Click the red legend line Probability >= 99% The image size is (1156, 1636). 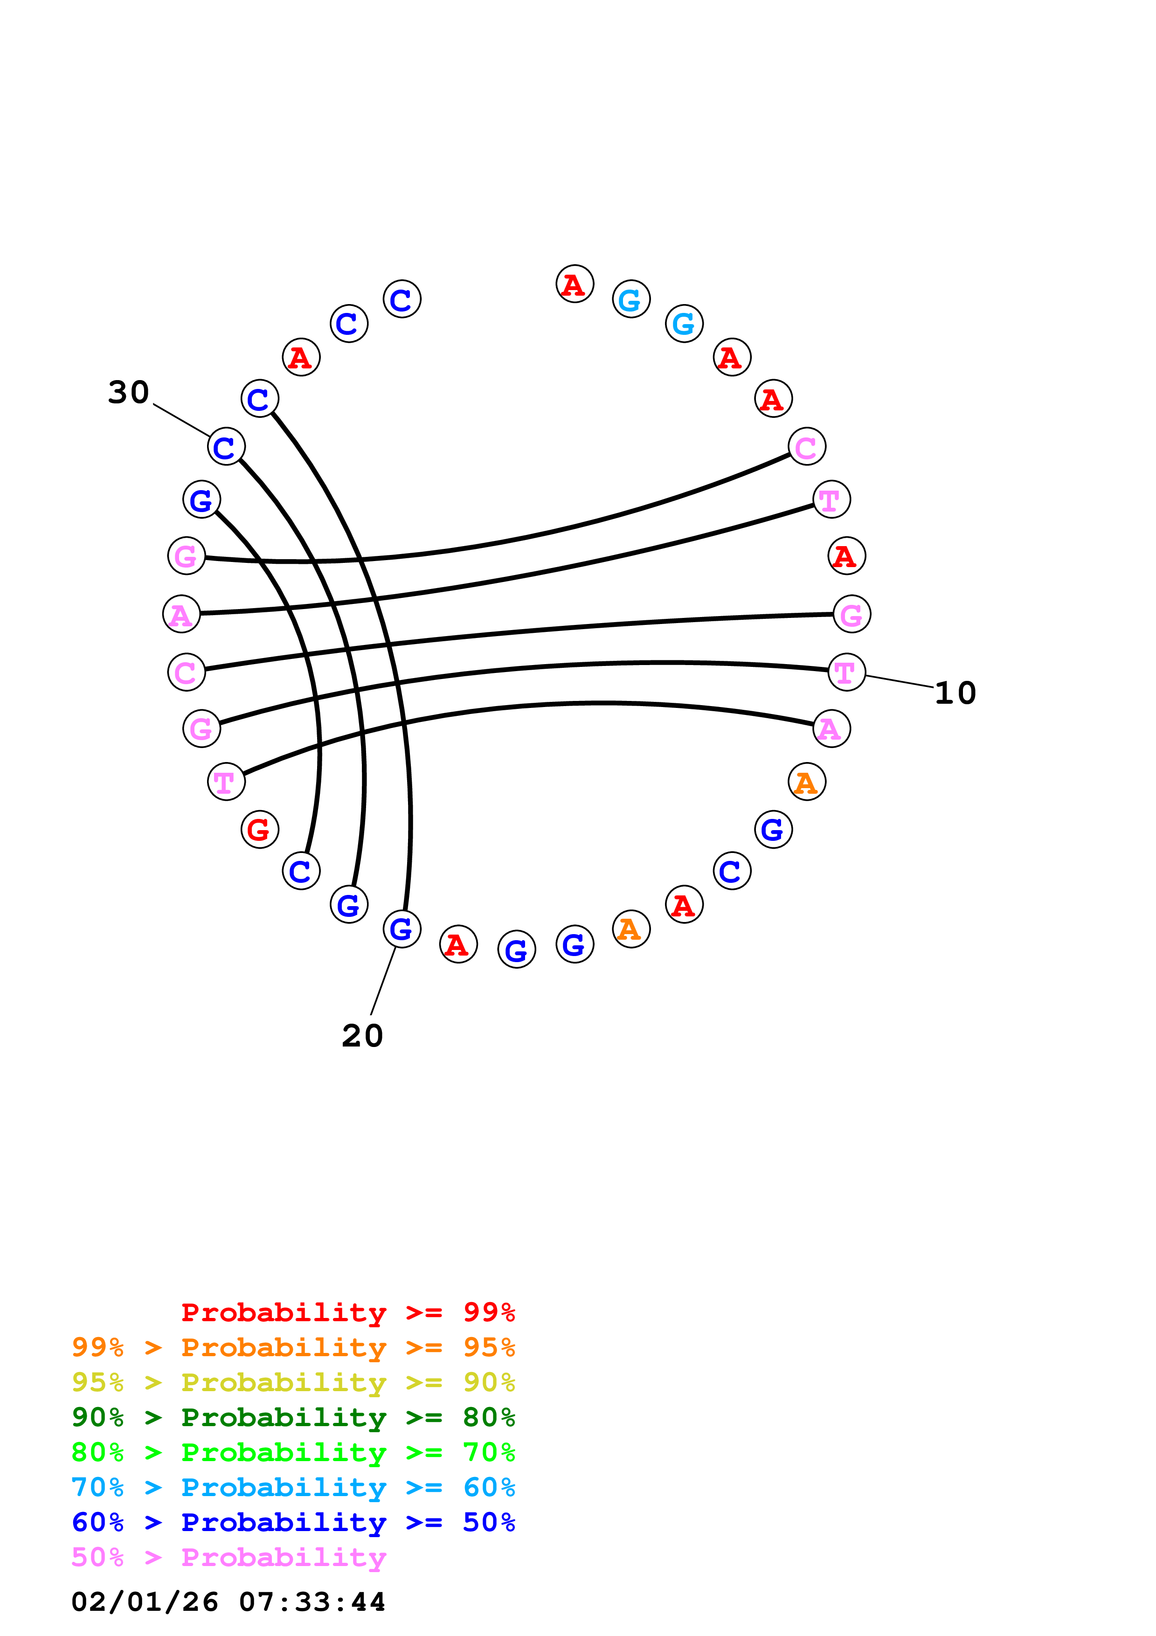347,1312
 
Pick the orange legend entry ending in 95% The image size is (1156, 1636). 293,1347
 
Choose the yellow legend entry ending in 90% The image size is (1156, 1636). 293,1382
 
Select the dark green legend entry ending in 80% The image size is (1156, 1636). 293,1417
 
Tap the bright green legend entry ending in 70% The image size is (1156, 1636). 293,1452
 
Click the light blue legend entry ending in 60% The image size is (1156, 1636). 293,1487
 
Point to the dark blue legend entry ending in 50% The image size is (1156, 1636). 293,1522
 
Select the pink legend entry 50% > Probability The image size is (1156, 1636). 228,1557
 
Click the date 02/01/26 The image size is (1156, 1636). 145,1602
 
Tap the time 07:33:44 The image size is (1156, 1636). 312,1602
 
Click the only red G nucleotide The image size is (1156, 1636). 259,829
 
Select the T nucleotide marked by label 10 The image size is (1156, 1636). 846,672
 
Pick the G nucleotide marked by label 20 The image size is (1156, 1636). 401,929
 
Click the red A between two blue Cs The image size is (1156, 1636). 301,357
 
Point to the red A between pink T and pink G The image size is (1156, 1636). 846,556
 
